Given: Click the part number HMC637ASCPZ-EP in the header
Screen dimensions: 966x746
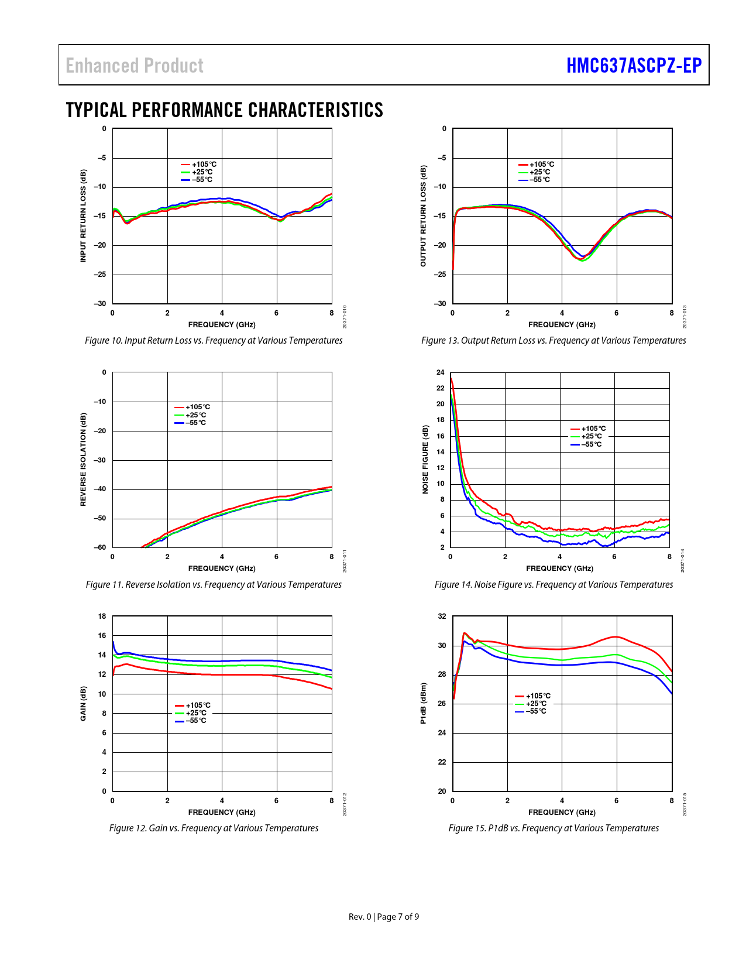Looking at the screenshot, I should coord(634,66).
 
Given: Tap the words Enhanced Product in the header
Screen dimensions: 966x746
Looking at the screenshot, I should coord(135,66).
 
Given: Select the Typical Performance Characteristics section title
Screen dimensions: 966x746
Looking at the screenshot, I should coord(224,110).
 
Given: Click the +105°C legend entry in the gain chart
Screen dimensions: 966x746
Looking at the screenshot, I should coord(193,705).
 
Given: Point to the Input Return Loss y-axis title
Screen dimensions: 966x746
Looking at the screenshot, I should coord(83,215).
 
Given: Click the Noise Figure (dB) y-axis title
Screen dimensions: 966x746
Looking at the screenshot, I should coord(425,460).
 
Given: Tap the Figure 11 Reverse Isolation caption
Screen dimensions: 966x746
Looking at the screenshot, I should coord(214,584).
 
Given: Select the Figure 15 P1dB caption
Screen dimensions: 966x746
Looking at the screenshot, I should coord(554,828).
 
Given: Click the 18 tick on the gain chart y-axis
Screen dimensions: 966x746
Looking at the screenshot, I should coord(102,616).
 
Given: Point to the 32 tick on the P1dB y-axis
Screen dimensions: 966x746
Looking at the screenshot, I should coord(442,616).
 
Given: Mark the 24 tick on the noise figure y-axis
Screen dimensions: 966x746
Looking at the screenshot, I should coord(440,372).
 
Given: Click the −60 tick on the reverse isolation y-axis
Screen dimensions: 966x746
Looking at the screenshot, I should coord(100,547).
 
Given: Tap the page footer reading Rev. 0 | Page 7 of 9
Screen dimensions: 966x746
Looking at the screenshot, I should coord(384,916).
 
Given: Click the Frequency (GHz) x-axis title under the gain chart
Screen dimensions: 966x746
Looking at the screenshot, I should coord(222,812).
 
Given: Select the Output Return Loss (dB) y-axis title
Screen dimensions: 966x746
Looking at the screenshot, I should coord(423,215).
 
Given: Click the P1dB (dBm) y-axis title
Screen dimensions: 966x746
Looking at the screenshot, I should coord(423,703).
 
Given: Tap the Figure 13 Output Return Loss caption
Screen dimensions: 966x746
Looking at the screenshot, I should coord(554,340).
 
